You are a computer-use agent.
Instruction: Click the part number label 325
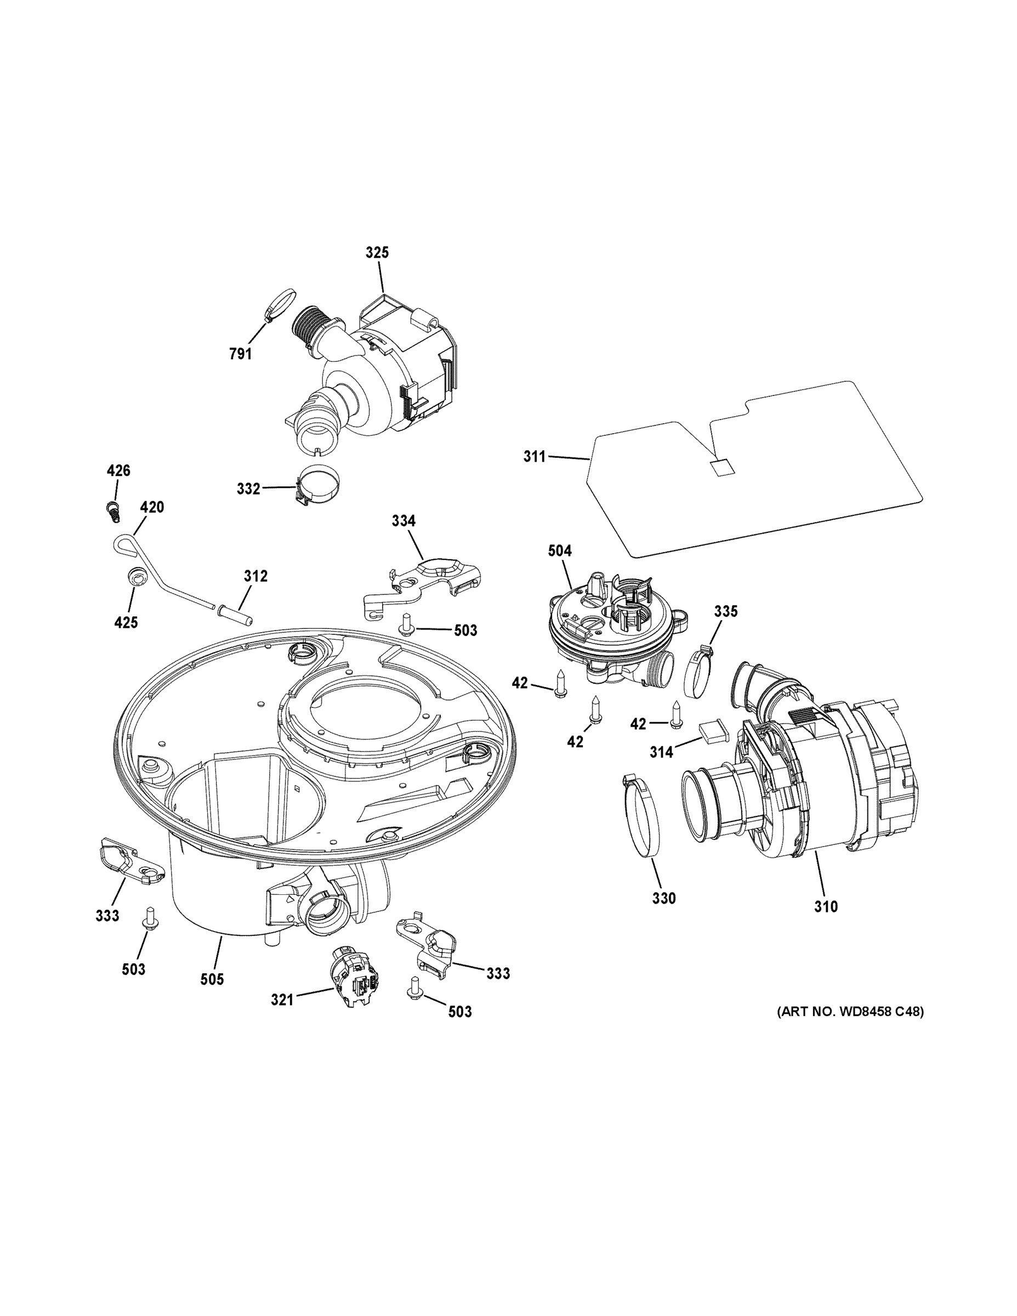coord(377,252)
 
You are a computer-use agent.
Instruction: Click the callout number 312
coord(255,576)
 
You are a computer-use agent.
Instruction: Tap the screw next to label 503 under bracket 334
coord(406,623)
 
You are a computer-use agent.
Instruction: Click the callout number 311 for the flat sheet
coord(534,457)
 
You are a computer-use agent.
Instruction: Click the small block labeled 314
coord(713,731)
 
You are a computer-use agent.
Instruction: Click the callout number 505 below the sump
coord(212,979)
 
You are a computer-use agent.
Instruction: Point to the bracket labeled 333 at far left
coord(128,859)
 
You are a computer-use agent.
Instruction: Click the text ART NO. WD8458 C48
coord(849,1011)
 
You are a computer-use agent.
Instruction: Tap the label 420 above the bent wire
coord(152,507)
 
